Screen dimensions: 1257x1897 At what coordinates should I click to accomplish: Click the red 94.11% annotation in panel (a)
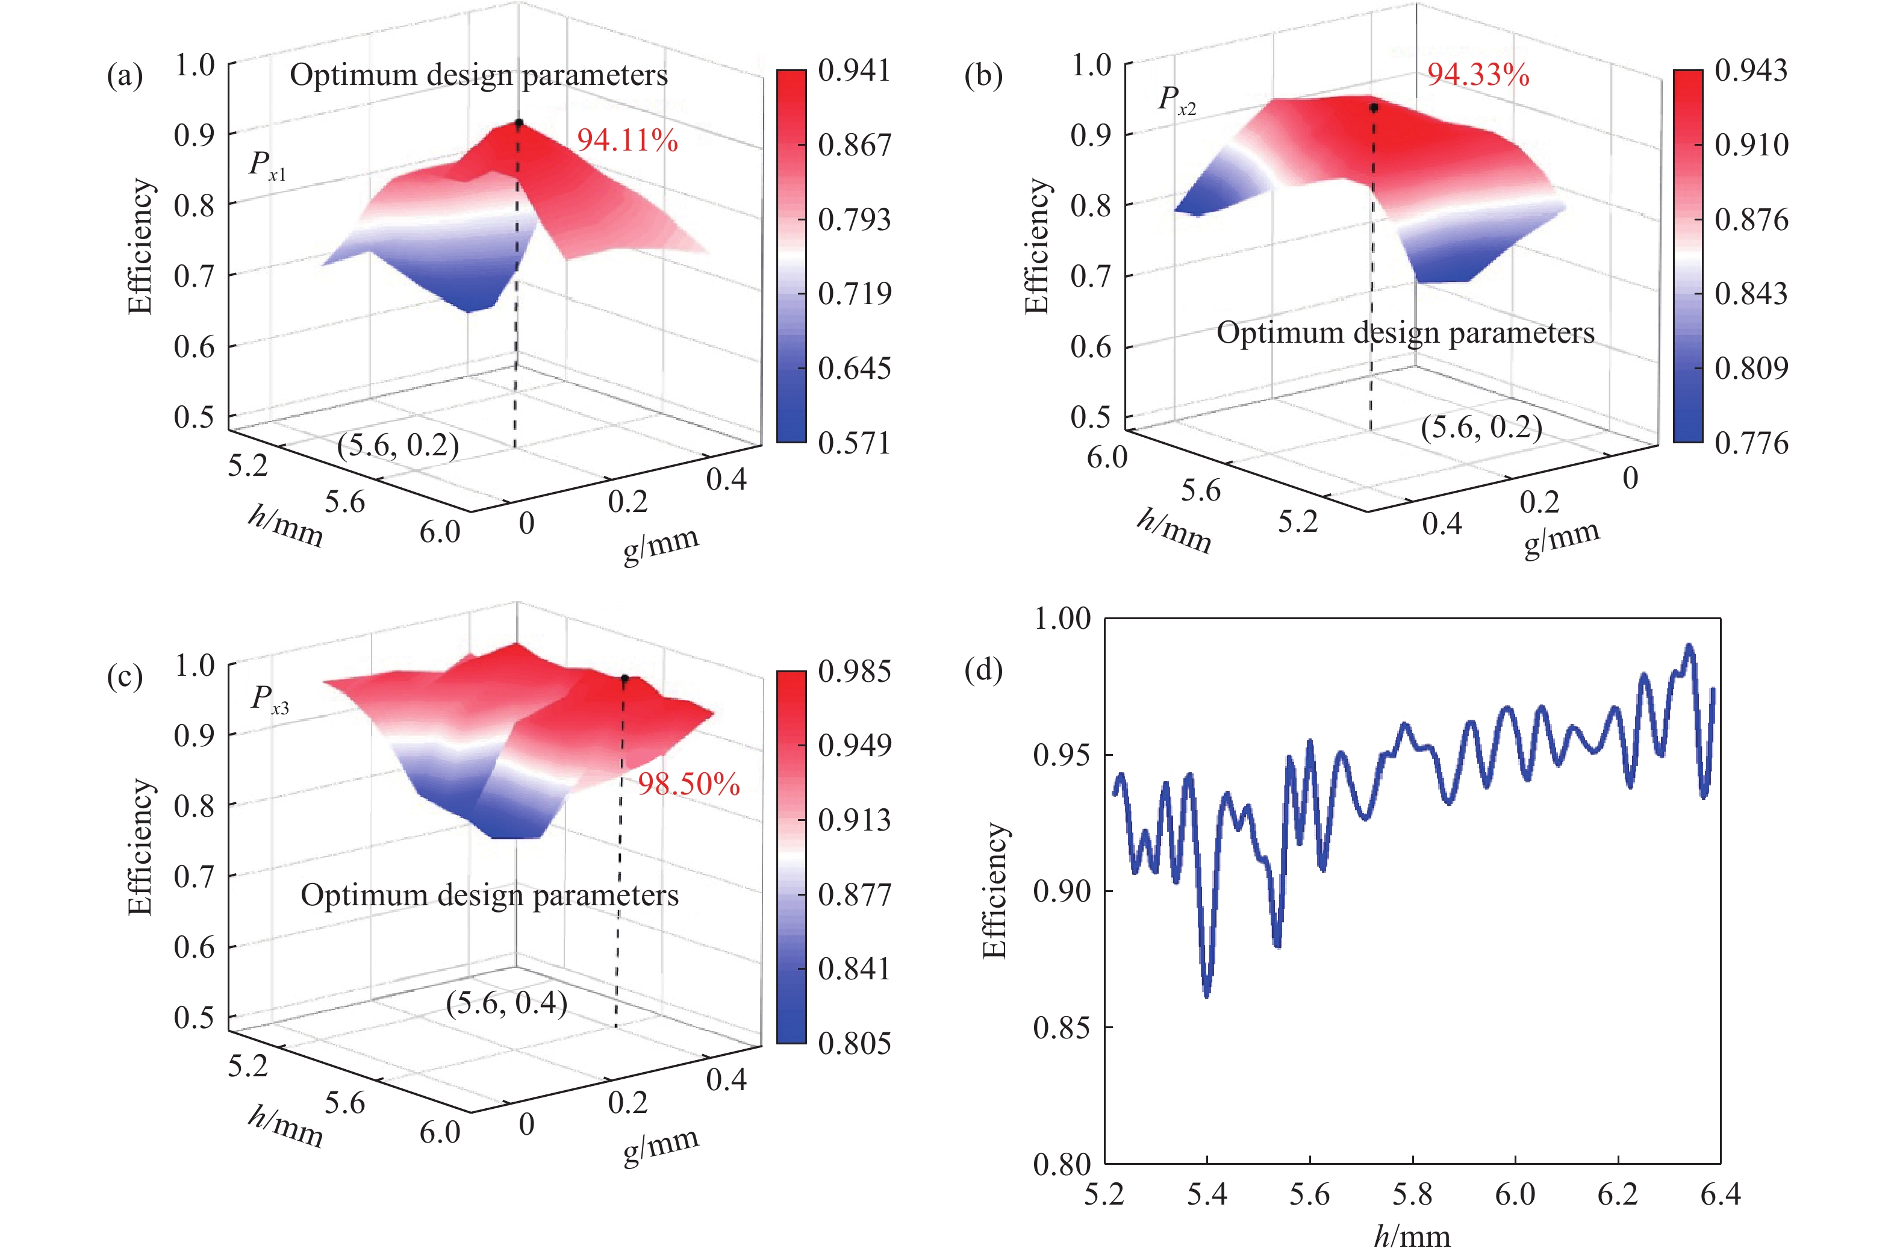(x=627, y=140)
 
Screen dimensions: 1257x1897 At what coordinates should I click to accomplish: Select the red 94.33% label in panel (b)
(x=1477, y=75)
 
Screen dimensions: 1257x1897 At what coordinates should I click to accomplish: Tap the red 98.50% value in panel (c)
(x=688, y=784)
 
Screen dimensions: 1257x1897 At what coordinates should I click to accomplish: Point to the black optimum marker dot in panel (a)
(x=519, y=123)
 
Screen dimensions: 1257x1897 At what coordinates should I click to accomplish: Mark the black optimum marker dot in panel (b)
(x=1374, y=107)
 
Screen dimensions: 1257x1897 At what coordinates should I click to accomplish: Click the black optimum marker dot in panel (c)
(x=625, y=678)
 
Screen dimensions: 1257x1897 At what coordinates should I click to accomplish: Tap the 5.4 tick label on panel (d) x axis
(x=1206, y=1194)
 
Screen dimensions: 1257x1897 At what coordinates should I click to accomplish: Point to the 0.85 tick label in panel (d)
(x=1062, y=1027)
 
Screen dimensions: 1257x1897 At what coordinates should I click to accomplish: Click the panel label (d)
(x=983, y=669)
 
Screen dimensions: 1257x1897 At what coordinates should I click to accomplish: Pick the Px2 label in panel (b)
(x=1177, y=100)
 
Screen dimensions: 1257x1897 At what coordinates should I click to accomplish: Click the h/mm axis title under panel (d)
(x=1412, y=1236)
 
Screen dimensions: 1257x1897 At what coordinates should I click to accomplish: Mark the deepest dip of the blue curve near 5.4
(x=1207, y=994)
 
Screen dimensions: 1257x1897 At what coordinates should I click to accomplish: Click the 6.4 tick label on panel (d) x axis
(x=1720, y=1194)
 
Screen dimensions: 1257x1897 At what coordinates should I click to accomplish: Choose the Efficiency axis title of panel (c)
(x=140, y=847)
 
